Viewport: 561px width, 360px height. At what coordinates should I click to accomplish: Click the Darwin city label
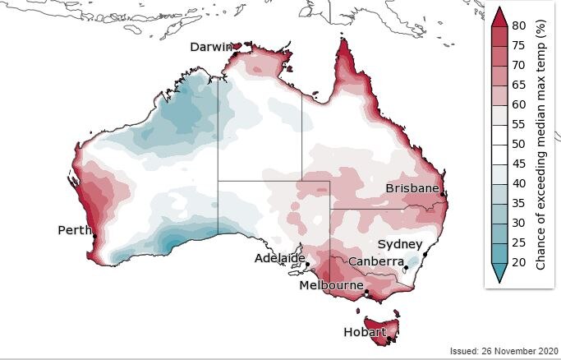pyautogui.click(x=211, y=47)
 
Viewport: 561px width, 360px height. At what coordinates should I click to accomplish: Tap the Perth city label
pyautogui.click(x=75, y=230)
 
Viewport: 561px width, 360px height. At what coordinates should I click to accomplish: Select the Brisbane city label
pyautogui.click(x=412, y=188)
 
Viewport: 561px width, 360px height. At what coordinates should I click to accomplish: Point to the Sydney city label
pyautogui.click(x=399, y=244)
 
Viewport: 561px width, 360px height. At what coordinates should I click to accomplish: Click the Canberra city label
pyautogui.click(x=375, y=261)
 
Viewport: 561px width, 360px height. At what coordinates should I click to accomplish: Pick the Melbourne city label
pyautogui.click(x=332, y=285)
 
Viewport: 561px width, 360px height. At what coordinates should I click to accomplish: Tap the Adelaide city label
pyautogui.click(x=278, y=257)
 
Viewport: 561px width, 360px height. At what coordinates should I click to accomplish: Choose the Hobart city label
pyautogui.click(x=365, y=332)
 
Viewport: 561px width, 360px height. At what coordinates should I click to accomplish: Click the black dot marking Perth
pyautogui.click(x=94, y=237)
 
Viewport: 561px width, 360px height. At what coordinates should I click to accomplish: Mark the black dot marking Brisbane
pyautogui.click(x=443, y=194)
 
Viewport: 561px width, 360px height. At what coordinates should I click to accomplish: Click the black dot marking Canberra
pyautogui.click(x=406, y=268)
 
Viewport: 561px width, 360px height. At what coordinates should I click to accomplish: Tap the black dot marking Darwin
pyautogui.click(x=235, y=54)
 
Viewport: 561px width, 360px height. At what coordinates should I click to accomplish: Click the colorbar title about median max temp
pyautogui.click(x=541, y=144)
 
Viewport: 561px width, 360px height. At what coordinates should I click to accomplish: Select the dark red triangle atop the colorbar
pyautogui.click(x=499, y=14)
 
